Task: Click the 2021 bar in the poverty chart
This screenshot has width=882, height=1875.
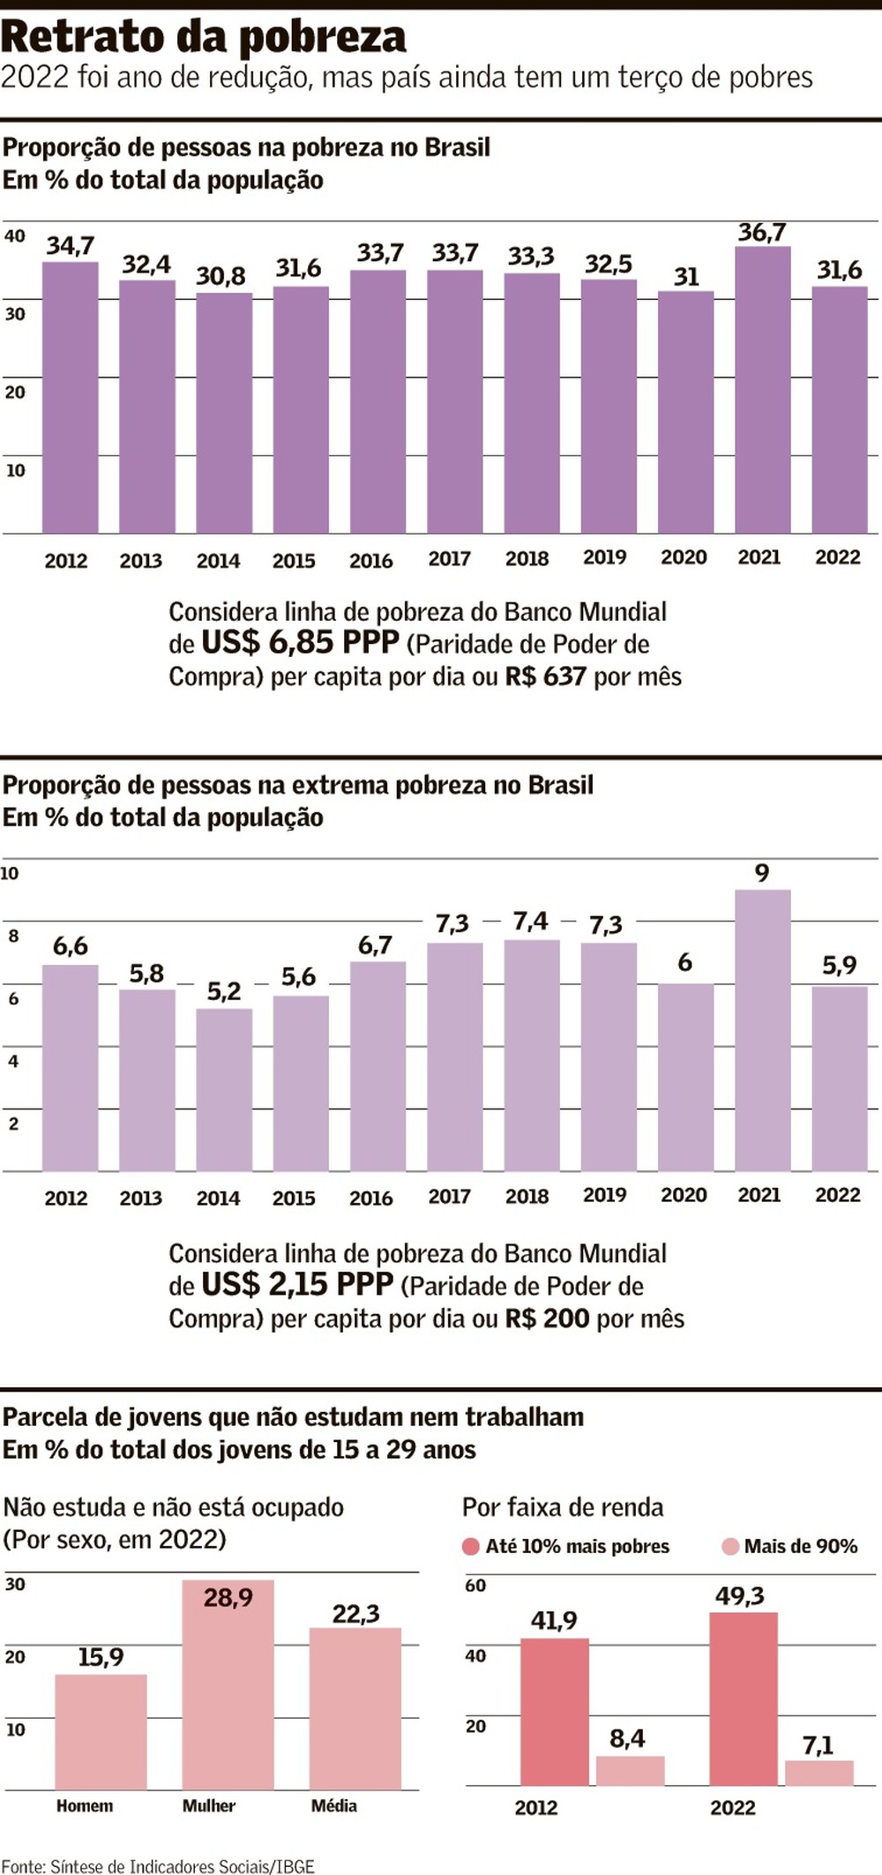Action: point(762,390)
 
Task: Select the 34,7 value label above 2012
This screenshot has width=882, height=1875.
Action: point(70,246)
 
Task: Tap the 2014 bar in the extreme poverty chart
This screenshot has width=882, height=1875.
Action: point(224,1089)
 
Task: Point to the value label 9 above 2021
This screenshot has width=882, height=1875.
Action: point(762,873)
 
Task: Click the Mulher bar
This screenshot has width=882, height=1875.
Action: point(228,1685)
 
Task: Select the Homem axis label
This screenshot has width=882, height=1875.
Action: point(85,1806)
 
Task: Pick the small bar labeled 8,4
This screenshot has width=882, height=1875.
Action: point(630,1771)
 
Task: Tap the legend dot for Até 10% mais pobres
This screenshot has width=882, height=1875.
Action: point(471,1546)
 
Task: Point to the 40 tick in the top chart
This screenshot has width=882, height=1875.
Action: point(15,236)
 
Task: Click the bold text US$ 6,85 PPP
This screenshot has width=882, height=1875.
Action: point(300,642)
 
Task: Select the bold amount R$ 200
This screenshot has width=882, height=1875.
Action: point(546,1318)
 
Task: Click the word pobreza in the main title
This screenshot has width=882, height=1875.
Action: point(322,37)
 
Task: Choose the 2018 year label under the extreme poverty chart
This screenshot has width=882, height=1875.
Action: point(527,1197)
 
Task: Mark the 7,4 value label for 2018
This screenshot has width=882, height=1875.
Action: point(530,922)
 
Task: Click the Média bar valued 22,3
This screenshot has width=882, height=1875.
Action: point(355,1708)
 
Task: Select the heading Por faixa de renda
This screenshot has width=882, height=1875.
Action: point(563,1507)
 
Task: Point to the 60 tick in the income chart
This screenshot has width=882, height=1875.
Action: point(475,1586)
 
